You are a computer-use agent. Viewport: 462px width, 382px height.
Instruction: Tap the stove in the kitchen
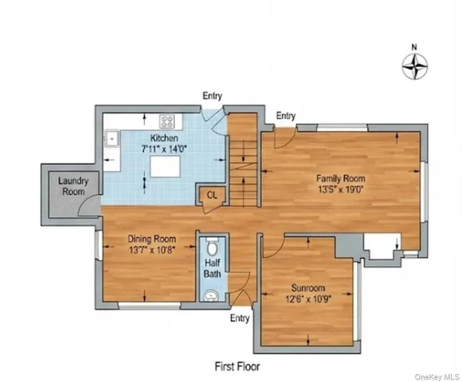tap(167, 122)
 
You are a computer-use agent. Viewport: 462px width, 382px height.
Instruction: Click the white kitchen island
tap(164, 166)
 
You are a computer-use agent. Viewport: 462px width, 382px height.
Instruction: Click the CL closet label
tap(212, 193)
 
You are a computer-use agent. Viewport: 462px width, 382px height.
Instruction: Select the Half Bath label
tap(213, 268)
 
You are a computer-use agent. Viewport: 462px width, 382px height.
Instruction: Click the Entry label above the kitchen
tap(212, 95)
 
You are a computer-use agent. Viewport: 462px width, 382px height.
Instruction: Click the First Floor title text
tap(237, 367)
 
